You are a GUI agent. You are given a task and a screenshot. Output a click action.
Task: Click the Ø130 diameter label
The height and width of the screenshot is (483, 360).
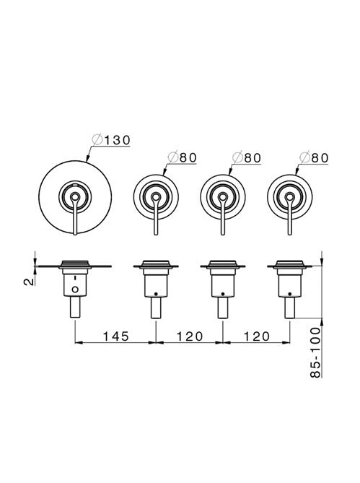(x=110, y=141)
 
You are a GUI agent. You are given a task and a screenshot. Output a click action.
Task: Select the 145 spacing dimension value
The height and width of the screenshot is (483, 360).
(x=115, y=336)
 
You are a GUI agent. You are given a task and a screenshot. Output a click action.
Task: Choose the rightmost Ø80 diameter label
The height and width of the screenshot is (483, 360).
(x=314, y=157)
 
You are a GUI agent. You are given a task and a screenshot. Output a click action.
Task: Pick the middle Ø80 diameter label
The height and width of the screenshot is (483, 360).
(x=247, y=157)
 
